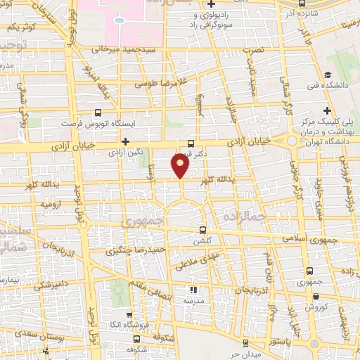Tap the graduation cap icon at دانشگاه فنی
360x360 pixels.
328,76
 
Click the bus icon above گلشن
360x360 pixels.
203,230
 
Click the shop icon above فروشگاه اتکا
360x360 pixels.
127,316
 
